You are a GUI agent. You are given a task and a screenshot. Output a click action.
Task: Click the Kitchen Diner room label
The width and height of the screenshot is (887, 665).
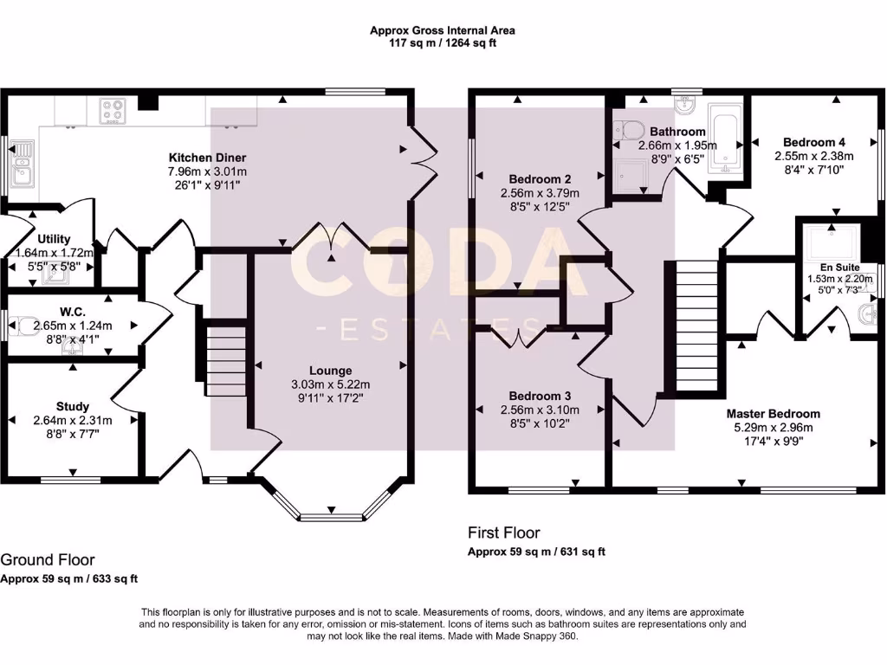[208, 158]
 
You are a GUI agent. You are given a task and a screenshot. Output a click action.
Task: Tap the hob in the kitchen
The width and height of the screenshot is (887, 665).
[112, 111]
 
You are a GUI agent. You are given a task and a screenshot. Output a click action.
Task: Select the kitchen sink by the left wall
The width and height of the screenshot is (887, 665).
[23, 164]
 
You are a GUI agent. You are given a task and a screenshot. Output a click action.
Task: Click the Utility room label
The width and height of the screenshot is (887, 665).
[54, 239]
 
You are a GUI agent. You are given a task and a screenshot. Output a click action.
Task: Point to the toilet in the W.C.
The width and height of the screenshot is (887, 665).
[24, 326]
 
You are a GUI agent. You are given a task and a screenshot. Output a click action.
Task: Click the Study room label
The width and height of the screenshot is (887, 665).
[73, 407]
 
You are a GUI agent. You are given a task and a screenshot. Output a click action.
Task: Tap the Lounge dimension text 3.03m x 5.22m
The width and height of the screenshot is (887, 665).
[330, 384]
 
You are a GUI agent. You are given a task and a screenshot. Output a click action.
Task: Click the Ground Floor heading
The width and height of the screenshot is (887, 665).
[48, 560]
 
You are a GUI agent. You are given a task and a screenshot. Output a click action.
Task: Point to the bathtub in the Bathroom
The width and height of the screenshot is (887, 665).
[726, 138]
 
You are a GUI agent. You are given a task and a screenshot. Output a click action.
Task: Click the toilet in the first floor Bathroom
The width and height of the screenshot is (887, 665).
[627, 131]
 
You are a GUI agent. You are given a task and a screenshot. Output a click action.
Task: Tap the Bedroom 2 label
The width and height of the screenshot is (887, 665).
[540, 179]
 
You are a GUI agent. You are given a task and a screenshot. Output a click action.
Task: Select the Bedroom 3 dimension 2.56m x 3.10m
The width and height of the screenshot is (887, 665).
[540, 410]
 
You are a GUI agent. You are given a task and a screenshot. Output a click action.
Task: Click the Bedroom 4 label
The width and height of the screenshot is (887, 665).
[814, 142]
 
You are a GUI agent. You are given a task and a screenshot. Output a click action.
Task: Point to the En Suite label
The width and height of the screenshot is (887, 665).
[840, 268]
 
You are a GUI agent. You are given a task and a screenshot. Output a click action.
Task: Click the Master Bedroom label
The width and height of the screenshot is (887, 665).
[774, 414]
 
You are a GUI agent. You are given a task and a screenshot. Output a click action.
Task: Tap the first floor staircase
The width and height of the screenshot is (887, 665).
[697, 326]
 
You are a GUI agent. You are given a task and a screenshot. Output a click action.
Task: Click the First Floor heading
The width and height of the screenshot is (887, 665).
[503, 533]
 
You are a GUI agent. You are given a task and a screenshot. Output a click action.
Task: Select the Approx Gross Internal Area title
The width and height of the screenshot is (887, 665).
[443, 30]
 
